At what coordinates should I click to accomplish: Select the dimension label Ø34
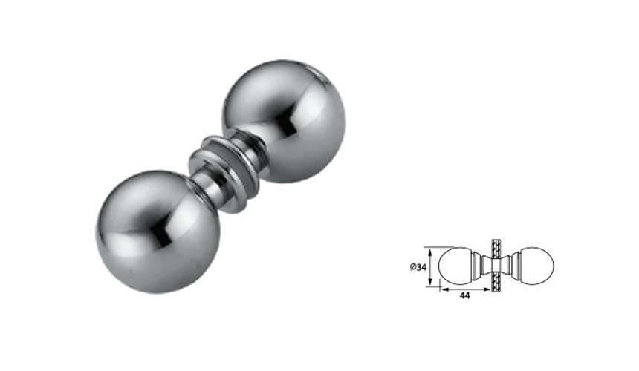418,267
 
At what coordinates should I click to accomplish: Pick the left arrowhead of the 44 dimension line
443,289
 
